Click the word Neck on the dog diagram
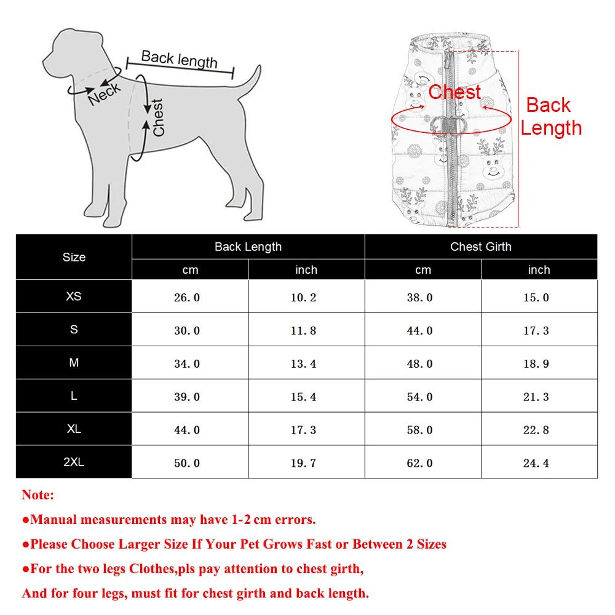(105, 94)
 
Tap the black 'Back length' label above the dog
(179, 60)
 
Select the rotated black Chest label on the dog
(158, 117)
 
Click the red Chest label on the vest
(454, 92)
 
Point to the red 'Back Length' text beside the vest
(550, 116)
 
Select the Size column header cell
(74, 257)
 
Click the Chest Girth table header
(480, 247)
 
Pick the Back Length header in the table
(248, 247)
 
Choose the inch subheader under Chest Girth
(539, 269)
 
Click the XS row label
(74, 296)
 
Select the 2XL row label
(74, 462)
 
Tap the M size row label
(74, 363)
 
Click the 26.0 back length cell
(187, 298)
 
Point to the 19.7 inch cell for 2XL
(303, 463)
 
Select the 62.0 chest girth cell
(419, 463)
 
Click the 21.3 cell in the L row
(536, 397)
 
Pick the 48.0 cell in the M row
(419, 364)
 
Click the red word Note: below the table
(38, 495)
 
